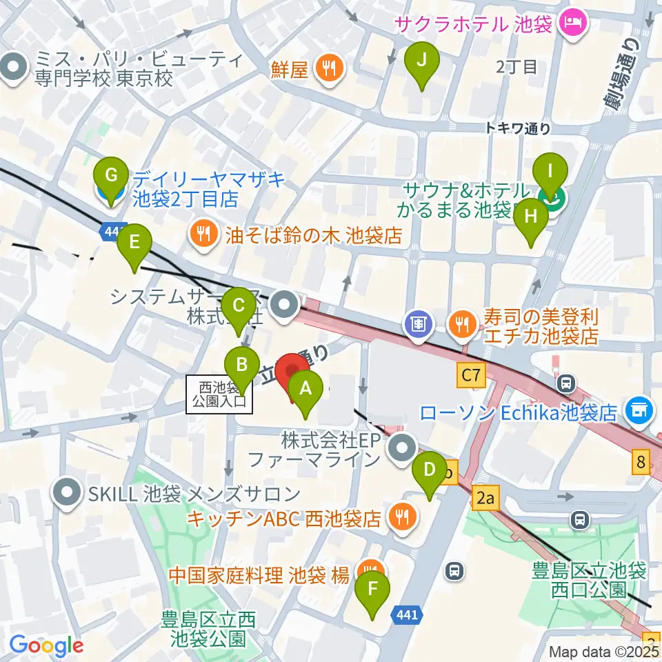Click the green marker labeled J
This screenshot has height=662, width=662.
click(x=425, y=61)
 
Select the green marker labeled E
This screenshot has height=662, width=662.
click(x=134, y=243)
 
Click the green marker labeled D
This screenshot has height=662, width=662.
click(x=429, y=472)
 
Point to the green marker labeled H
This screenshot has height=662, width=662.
click(x=530, y=219)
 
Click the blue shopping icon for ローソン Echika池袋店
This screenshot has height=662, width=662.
click(x=639, y=411)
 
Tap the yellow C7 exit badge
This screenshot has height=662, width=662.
click(x=470, y=376)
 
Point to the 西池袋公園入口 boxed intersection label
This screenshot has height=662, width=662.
click(x=219, y=394)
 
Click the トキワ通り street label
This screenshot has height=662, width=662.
click(x=517, y=127)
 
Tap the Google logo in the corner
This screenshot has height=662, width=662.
click(x=46, y=646)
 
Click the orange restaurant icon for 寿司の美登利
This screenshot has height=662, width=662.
click(x=461, y=322)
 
